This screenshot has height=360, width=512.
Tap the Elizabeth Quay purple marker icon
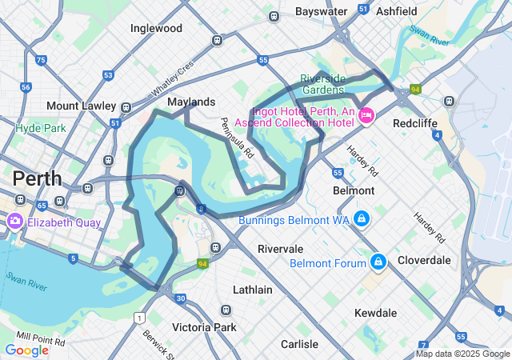(14, 221)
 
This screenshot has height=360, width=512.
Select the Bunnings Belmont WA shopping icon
(362, 218)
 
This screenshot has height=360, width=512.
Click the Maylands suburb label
(191, 102)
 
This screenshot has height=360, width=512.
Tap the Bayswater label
(321, 12)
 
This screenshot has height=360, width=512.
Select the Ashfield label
(396, 12)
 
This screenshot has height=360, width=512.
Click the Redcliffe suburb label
(414, 124)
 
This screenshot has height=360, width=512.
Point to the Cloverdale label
(425, 260)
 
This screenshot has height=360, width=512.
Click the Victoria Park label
(204, 327)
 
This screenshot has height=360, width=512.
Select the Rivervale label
(280, 249)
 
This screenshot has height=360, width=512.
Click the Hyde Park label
(40, 128)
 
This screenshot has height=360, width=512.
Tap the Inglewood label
(156, 29)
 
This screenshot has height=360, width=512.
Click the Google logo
(26, 350)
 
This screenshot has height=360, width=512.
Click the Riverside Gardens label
(323, 84)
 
